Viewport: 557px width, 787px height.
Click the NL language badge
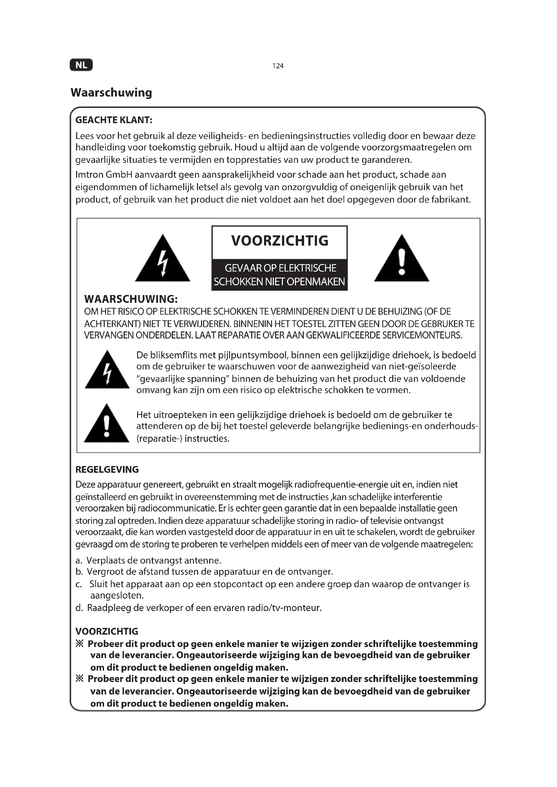(x=81, y=65)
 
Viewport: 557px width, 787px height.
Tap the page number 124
(x=278, y=66)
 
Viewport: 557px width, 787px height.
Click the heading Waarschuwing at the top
(x=111, y=93)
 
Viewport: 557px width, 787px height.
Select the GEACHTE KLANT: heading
(x=113, y=120)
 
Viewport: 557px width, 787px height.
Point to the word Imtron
(x=89, y=175)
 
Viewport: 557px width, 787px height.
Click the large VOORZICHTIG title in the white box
(x=280, y=241)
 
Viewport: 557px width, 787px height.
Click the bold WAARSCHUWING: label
(x=131, y=299)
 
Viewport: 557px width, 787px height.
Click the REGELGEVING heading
(x=107, y=469)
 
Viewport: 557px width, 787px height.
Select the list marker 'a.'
(x=79, y=561)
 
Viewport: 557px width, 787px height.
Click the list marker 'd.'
(x=79, y=608)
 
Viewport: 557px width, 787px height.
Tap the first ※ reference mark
(x=79, y=644)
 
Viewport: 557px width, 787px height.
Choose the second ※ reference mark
(x=79, y=679)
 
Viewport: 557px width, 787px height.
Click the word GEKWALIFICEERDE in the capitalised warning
(x=343, y=335)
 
